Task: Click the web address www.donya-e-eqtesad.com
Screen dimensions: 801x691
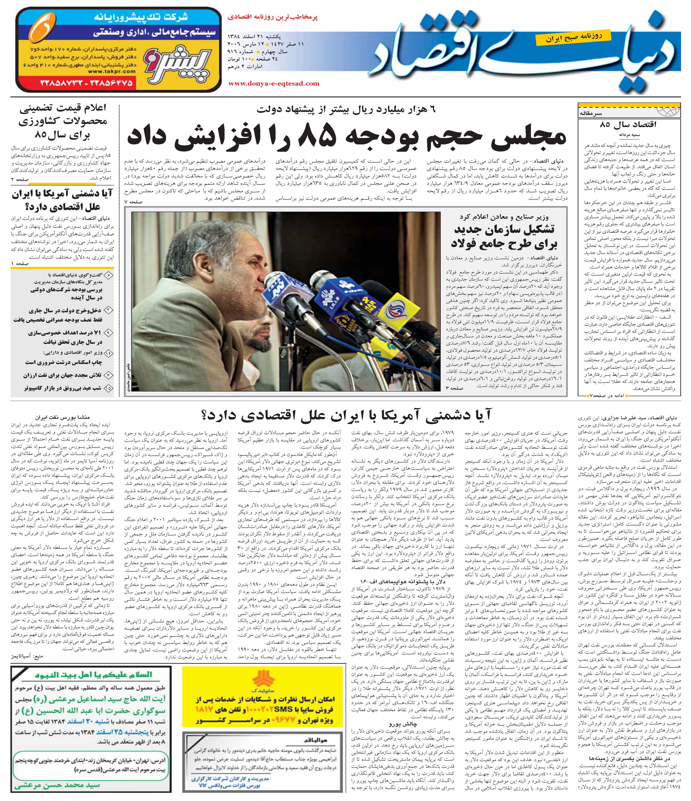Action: pyautogui.click(x=274, y=83)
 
